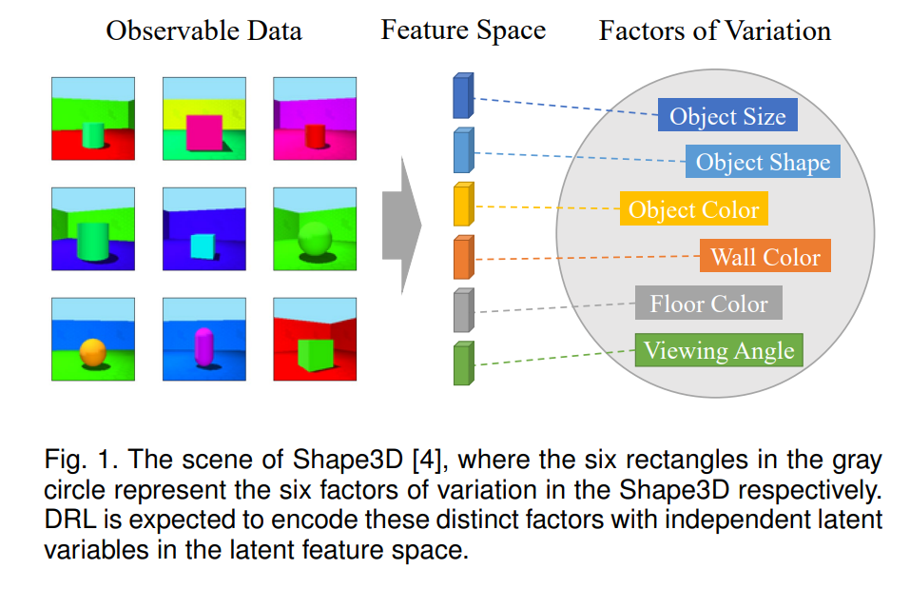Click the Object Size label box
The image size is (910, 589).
[727, 115]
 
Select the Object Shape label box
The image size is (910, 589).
[763, 162]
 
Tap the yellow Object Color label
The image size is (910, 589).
[693, 208]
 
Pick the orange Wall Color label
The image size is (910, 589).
[765, 256]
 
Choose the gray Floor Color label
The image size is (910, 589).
[708, 303]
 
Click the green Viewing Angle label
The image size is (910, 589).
[719, 349]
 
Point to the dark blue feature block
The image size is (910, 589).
[463, 96]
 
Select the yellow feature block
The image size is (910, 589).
[463, 204]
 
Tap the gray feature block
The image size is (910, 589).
[463, 310]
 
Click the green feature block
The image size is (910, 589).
[463, 363]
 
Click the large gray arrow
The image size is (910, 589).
[401, 225]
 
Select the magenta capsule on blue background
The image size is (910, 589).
[203, 346]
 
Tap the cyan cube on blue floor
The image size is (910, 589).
[203, 246]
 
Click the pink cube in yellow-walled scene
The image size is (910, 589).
[203, 133]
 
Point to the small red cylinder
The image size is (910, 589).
[315, 136]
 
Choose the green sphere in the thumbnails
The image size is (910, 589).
[314, 238]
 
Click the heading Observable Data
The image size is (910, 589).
[203, 30]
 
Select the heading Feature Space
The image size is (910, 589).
[463, 30]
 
